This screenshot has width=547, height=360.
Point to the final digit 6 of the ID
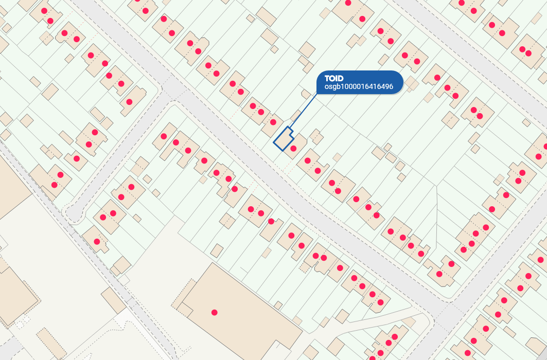point(391,87)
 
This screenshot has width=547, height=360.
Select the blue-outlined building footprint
point(283,139)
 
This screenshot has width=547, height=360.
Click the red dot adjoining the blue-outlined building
point(293,149)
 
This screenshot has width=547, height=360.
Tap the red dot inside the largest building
point(215,312)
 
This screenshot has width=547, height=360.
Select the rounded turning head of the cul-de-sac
point(73,212)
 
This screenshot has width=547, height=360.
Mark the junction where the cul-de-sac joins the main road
point(173,91)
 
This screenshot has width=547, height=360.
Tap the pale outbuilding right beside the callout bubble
point(412,82)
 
